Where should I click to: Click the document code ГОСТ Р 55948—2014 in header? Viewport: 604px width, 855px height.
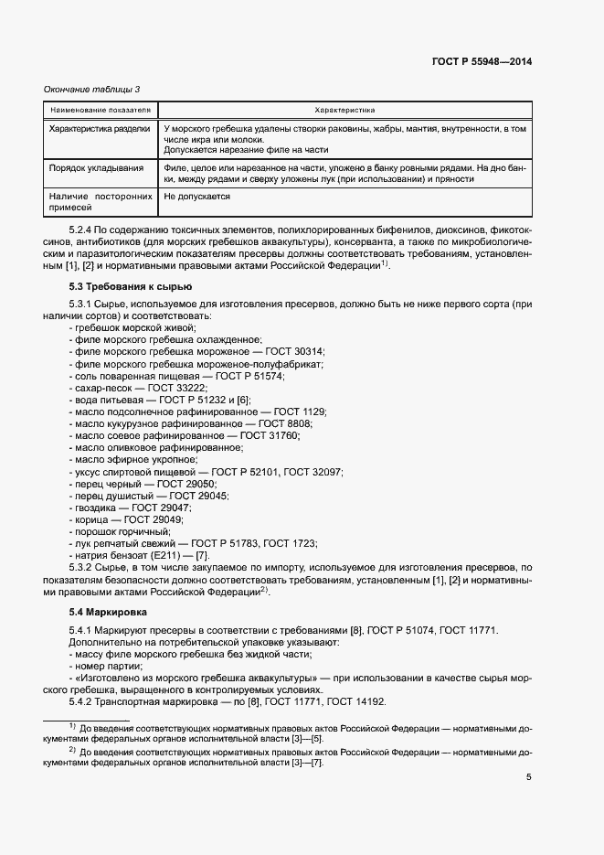482,61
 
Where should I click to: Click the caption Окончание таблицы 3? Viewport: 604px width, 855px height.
92,89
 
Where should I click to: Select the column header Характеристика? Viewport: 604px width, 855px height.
344,110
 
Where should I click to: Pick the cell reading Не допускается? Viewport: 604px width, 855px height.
196,197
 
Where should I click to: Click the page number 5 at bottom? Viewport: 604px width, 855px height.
528,777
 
